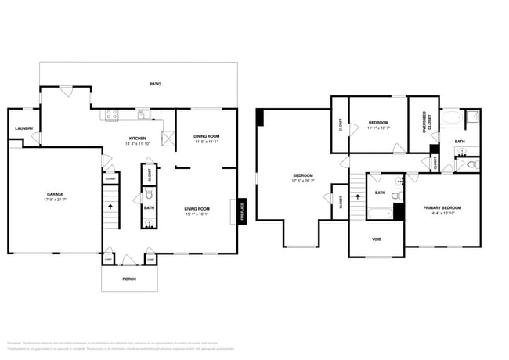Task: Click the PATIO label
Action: click(156, 83)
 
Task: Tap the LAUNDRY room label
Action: click(23, 129)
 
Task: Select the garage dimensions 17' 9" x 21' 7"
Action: click(54, 200)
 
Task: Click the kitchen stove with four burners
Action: click(112, 114)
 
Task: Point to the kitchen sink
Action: click(143, 114)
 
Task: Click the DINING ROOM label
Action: click(206, 137)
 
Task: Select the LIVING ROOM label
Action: click(197, 208)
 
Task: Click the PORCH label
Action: click(128, 279)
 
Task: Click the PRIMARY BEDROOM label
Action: click(442, 208)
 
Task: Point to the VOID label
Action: click(376, 239)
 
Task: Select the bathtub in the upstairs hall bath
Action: click(379, 213)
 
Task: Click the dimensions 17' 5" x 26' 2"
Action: click(302, 180)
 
